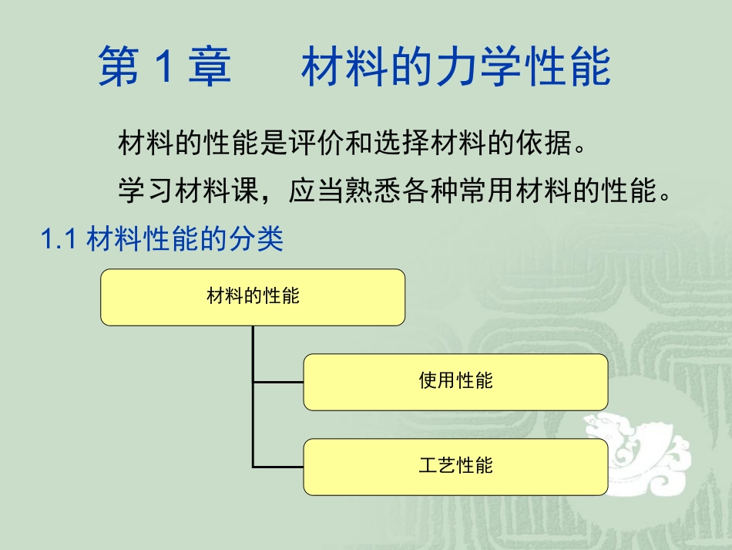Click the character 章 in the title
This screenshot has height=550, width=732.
(x=209, y=67)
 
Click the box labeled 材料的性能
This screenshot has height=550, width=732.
(x=253, y=297)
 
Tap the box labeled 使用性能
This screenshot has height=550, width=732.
(x=455, y=382)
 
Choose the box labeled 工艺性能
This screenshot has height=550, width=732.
(x=455, y=467)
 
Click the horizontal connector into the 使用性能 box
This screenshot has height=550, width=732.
(x=278, y=382)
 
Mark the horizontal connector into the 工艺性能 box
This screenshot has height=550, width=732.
(x=278, y=467)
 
